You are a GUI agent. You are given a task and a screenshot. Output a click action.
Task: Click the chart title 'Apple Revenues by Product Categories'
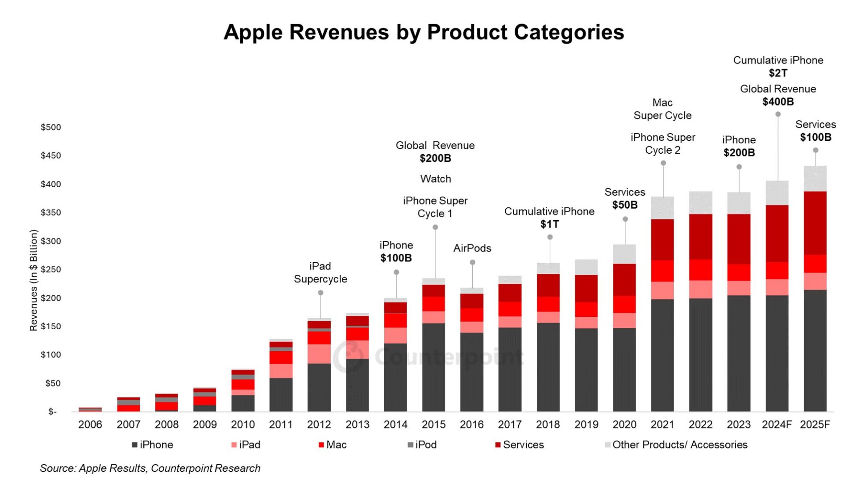tap(424, 32)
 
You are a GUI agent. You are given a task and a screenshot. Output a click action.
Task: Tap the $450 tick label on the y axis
tap(50, 155)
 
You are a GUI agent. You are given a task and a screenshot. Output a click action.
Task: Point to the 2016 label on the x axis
tap(471, 424)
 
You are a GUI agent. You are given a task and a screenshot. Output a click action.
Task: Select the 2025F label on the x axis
tap(815, 424)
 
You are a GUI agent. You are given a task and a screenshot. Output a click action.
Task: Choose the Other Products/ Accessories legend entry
tap(676, 445)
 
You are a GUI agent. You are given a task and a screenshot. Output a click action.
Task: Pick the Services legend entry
tap(520, 445)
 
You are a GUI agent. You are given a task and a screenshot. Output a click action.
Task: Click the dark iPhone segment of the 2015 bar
tap(433, 366)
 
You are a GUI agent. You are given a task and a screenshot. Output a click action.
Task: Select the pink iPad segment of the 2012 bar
tap(319, 353)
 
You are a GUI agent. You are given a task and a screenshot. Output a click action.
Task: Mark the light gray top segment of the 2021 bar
tap(662, 208)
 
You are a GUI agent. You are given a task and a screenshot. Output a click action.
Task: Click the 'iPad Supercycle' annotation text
tap(320, 273)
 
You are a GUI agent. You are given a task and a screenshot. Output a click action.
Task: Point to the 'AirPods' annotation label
tap(472, 248)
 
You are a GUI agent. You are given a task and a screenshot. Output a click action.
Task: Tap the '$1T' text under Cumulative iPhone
tap(549, 224)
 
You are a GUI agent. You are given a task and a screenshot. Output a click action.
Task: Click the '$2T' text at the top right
tap(778, 73)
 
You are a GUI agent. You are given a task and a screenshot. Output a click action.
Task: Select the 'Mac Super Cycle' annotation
tap(662, 109)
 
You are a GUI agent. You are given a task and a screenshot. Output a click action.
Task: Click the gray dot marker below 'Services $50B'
tap(625, 219)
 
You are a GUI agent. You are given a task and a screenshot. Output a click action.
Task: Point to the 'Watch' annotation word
tap(436, 179)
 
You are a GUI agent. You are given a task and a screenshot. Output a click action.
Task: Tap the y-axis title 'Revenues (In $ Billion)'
tap(33, 280)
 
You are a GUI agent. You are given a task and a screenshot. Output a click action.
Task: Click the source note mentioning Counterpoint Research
tap(150, 468)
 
